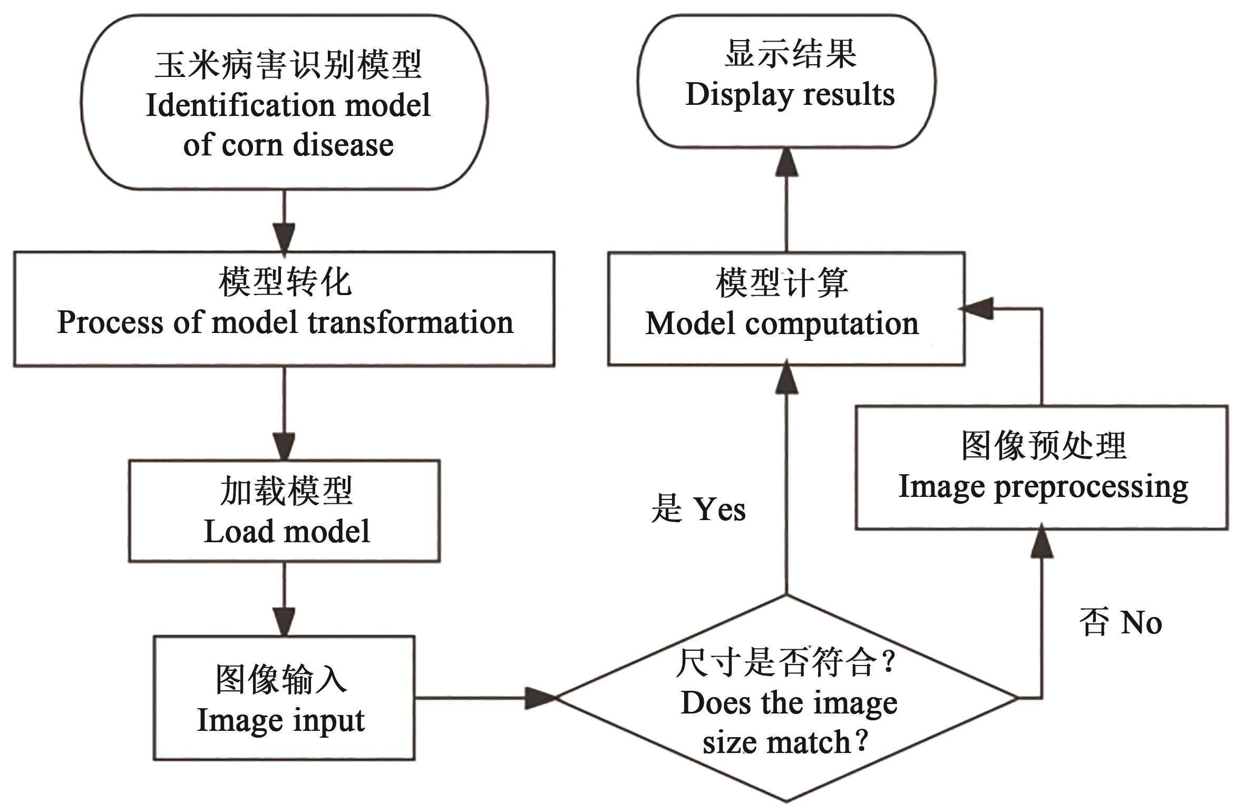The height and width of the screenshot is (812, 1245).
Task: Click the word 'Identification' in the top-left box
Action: coord(239,105)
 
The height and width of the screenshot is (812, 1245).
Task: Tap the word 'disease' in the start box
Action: coord(343,145)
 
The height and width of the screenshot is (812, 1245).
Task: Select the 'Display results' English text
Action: coord(790,95)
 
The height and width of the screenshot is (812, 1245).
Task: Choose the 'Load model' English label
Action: coord(287,531)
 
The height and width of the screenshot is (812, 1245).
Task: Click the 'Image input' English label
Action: coord(280,720)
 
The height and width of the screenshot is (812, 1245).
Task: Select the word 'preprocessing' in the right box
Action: coord(1091,486)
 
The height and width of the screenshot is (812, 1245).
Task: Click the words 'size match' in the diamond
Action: coord(777,743)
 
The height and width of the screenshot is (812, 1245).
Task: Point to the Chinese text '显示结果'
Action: coord(790,54)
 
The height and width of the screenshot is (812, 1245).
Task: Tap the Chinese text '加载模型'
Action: coord(286,491)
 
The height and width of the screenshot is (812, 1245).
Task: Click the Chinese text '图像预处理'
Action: coord(1044,446)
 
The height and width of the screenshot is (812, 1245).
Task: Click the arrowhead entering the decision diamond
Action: coord(540,698)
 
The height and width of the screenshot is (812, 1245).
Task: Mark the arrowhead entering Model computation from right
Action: coord(976,309)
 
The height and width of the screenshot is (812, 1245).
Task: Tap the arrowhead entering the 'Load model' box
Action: coord(285,447)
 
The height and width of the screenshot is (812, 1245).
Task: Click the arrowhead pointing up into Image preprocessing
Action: coord(1042,542)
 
